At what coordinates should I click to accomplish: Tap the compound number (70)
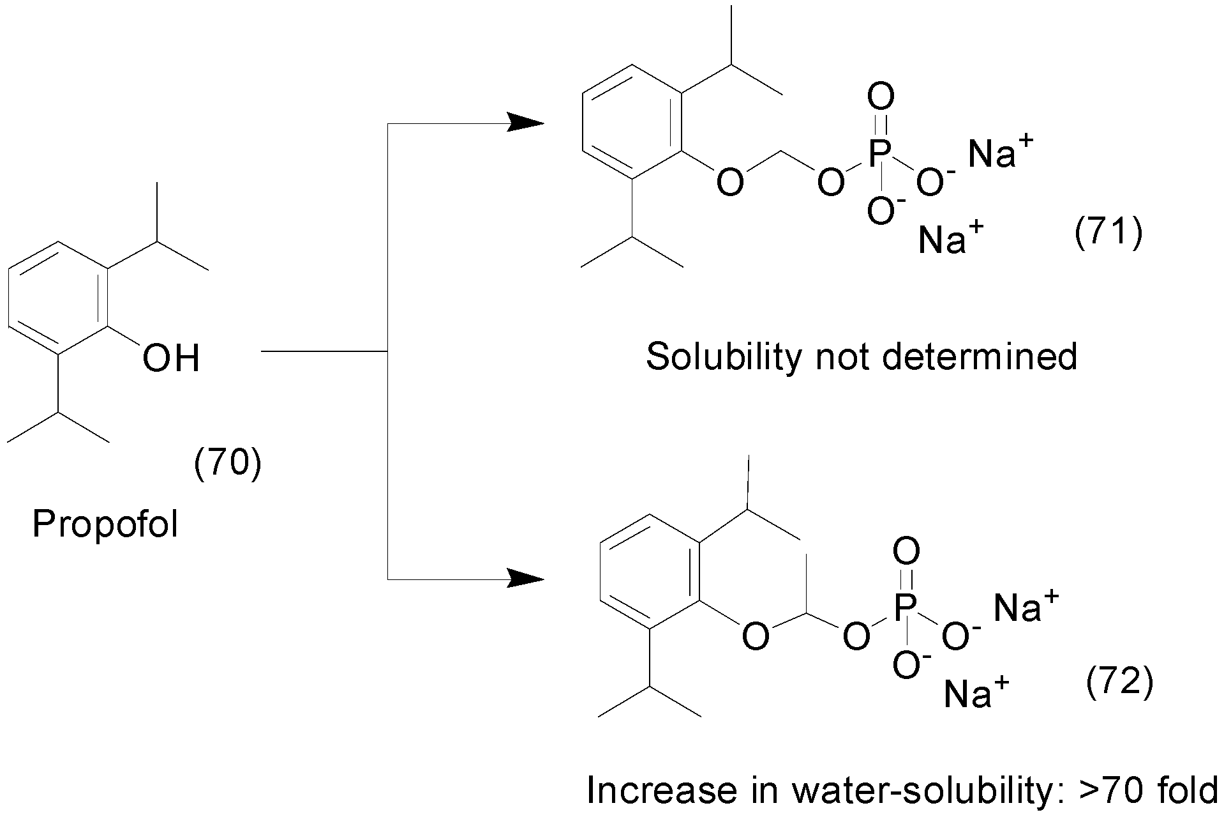227,464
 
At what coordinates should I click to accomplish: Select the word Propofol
105,524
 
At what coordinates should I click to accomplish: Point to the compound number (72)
1119,683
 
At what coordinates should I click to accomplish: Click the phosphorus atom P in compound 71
881,154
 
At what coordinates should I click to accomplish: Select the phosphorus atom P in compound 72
906,607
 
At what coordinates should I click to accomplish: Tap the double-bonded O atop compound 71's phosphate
881,98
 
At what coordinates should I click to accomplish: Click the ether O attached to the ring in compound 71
730,183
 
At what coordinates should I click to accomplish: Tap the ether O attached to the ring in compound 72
756,637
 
